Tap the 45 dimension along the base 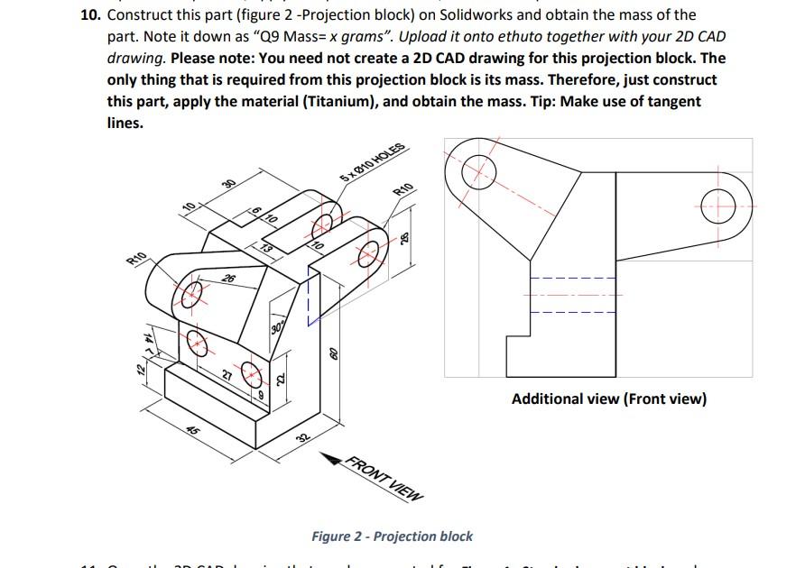pyautogui.click(x=193, y=431)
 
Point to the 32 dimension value pyautogui.click(x=303, y=439)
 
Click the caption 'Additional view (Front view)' pyautogui.click(x=608, y=399)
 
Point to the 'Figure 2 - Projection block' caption pyautogui.click(x=392, y=536)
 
